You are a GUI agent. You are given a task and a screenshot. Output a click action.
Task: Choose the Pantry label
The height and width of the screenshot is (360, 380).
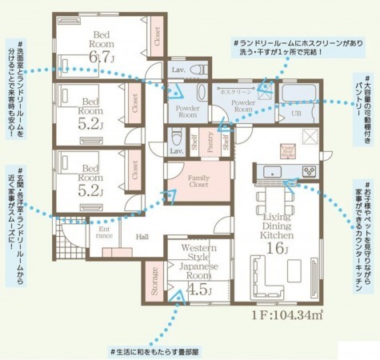pos(210,144)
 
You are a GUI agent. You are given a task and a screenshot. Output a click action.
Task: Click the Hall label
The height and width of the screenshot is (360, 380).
pos(142,237)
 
